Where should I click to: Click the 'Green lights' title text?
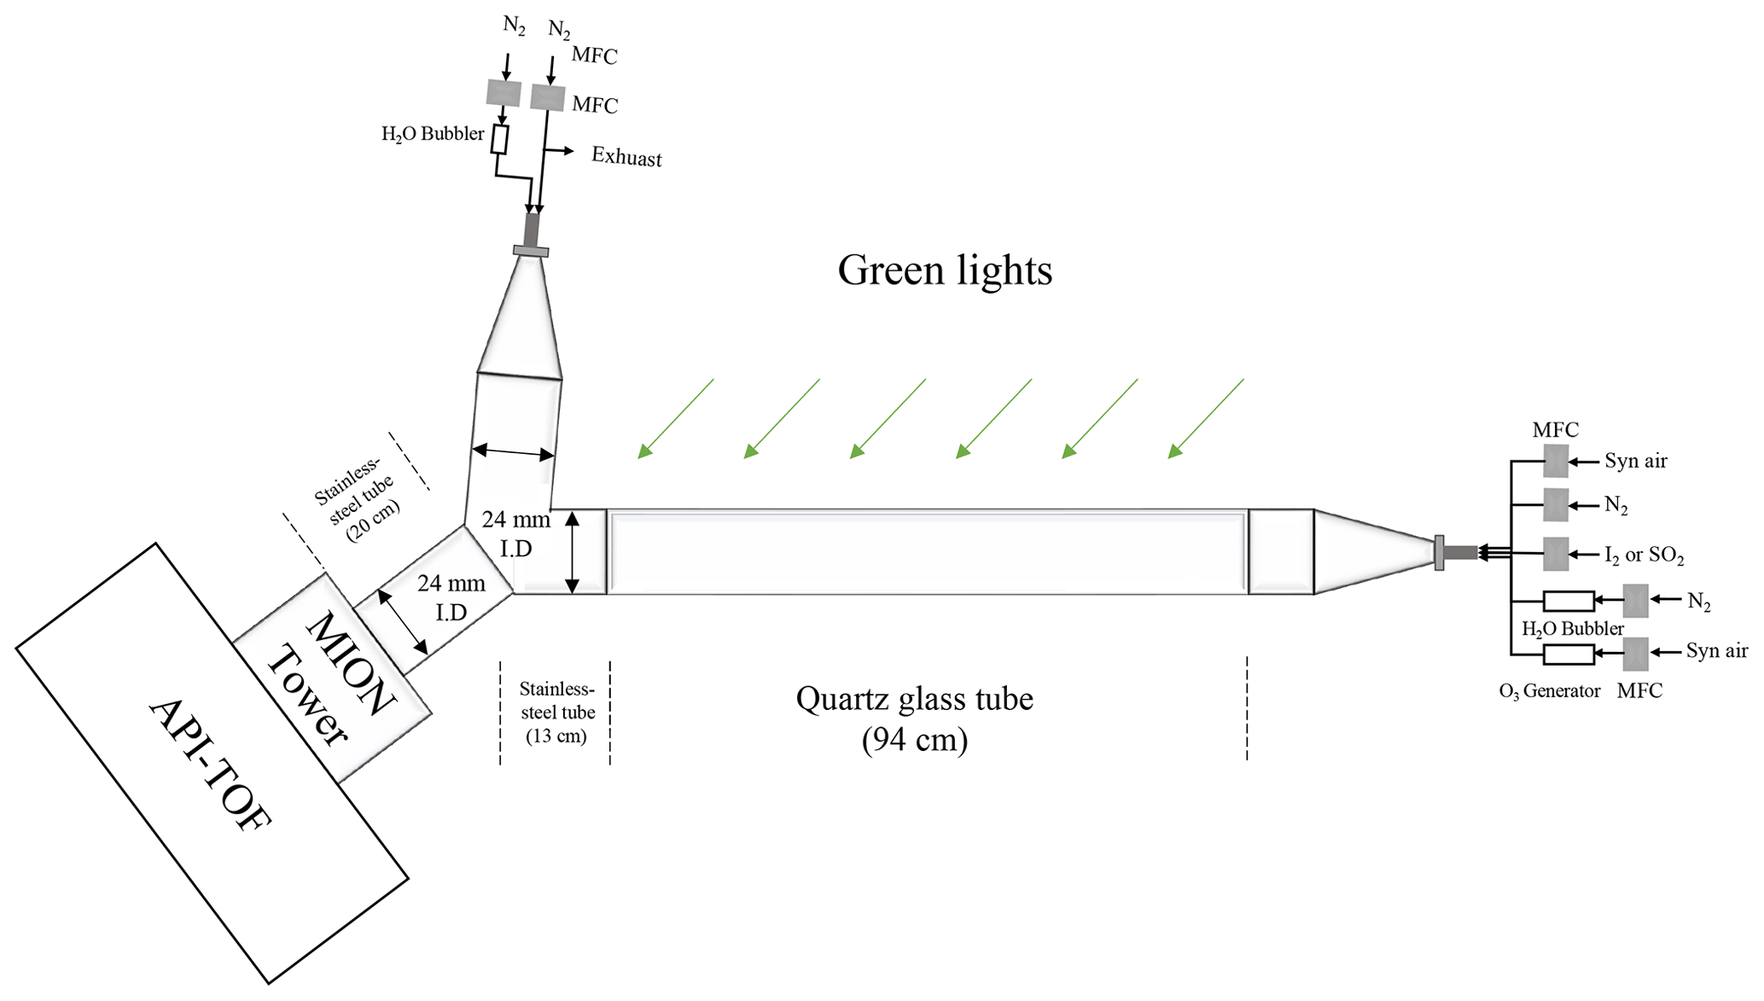click(944, 271)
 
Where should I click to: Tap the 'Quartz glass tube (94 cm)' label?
click(914, 719)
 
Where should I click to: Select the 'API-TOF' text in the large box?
click(210, 765)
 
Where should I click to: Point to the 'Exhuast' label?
click(626, 158)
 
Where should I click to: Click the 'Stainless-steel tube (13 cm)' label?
click(556, 712)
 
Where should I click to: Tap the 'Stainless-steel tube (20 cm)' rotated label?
click(357, 500)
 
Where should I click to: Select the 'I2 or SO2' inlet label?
click(1644, 556)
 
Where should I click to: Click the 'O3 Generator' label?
click(1549, 691)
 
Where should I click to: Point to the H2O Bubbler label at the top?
click(433, 134)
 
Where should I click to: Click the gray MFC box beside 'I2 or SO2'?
click(1556, 554)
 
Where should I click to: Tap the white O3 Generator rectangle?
click(1569, 655)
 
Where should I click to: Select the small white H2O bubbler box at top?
click(500, 140)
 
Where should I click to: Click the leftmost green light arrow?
click(675, 419)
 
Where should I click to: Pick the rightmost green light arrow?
click(1206, 419)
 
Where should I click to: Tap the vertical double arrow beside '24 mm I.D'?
click(573, 551)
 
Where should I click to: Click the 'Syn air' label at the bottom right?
click(1716, 651)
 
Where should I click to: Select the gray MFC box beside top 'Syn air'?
click(1556, 461)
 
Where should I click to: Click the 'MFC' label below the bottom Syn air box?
click(1639, 691)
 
